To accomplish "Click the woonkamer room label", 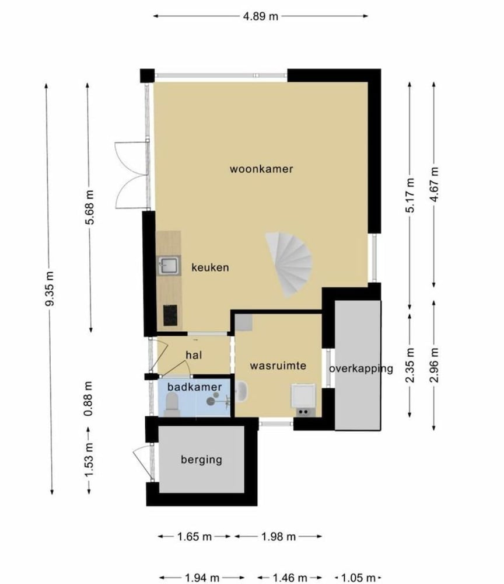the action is point(261,169).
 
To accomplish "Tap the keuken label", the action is point(210,267).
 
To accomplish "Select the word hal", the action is point(194,355).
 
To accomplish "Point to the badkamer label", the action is point(194,387).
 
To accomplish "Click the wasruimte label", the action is point(278,366).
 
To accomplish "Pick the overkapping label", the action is point(361,369).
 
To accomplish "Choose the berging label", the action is point(202,460).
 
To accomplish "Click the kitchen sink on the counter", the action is point(169,265).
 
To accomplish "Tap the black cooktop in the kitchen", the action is point(170,315).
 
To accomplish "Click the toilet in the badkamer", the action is point(172,405).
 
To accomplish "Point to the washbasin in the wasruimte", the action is point(242,391).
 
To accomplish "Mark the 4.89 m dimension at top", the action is point(261,16).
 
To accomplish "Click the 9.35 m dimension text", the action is point(50,288).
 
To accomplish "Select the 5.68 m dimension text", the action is point(90,207).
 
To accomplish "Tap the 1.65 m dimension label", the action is point(194,537).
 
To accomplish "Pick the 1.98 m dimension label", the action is point(278,537).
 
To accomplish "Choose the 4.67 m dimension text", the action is point(434,185).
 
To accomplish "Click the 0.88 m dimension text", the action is point(89,398).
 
